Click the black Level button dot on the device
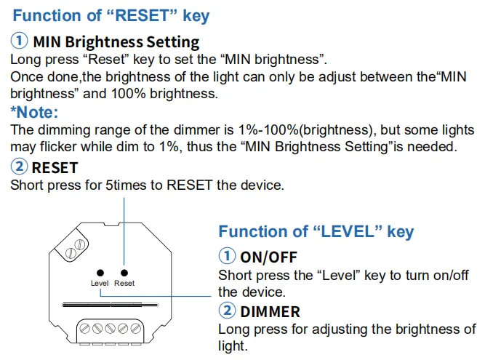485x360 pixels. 100,273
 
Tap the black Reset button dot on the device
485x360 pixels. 124,273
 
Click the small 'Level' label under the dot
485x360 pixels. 100,283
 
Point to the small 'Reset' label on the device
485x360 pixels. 124,283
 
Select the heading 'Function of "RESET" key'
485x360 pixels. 111,16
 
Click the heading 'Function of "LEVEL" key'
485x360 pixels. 316,232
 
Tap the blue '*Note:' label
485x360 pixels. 34,112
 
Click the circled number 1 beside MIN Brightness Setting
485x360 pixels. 19,41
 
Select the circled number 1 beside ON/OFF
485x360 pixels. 227,256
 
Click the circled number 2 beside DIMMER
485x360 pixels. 227,311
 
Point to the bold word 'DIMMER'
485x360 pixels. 270,312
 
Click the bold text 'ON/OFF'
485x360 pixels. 269,257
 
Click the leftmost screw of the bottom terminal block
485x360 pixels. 85,328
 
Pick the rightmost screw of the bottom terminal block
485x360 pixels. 135,328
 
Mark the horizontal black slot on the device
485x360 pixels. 110,305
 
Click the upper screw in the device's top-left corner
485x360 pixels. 81,244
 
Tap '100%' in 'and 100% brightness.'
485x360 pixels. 129,93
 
